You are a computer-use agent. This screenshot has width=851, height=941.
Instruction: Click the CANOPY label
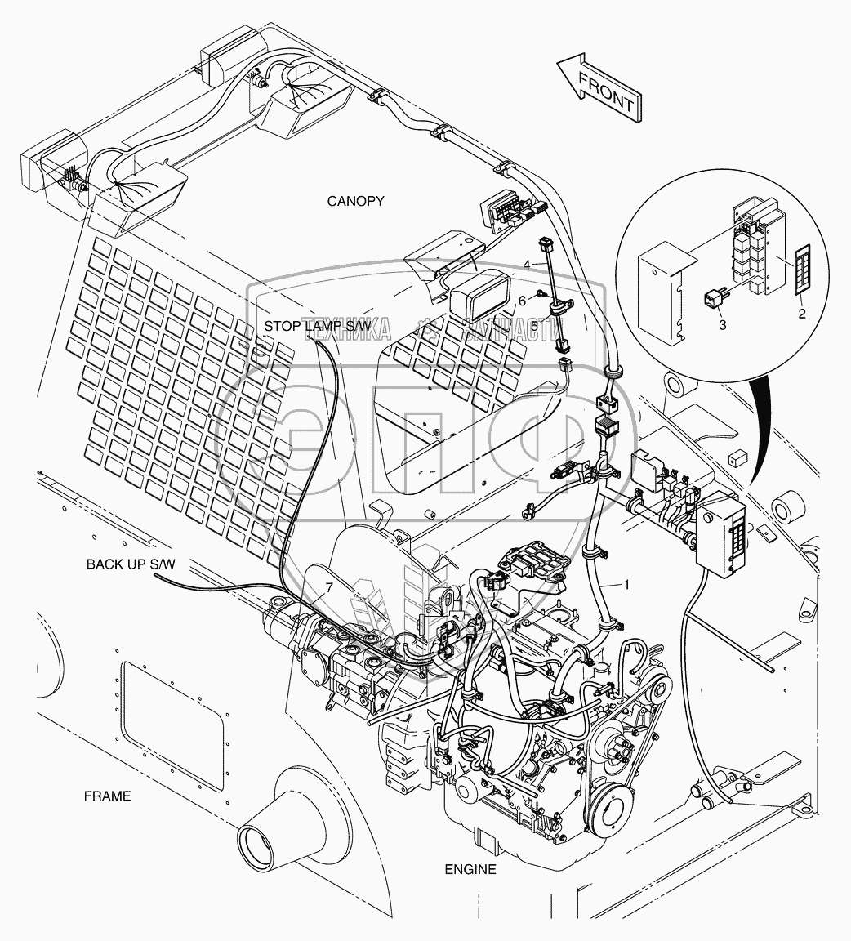(x=355, y=201)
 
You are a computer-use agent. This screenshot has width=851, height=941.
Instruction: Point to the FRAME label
(x=107, y=796)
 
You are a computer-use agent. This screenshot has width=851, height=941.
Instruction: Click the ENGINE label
(x=470, y=869)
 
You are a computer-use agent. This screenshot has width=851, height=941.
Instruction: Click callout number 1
(x=626, y=585)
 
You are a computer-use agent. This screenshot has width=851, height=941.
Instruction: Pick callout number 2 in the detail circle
(x=801, y=311)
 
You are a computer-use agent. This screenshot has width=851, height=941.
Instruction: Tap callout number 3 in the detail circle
(x=721, y=324)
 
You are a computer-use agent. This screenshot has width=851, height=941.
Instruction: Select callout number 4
(x=528, y=265)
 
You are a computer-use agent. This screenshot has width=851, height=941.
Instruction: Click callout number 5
(x=534, y=325)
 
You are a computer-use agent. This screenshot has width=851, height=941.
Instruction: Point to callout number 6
(x=523, y=300)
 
